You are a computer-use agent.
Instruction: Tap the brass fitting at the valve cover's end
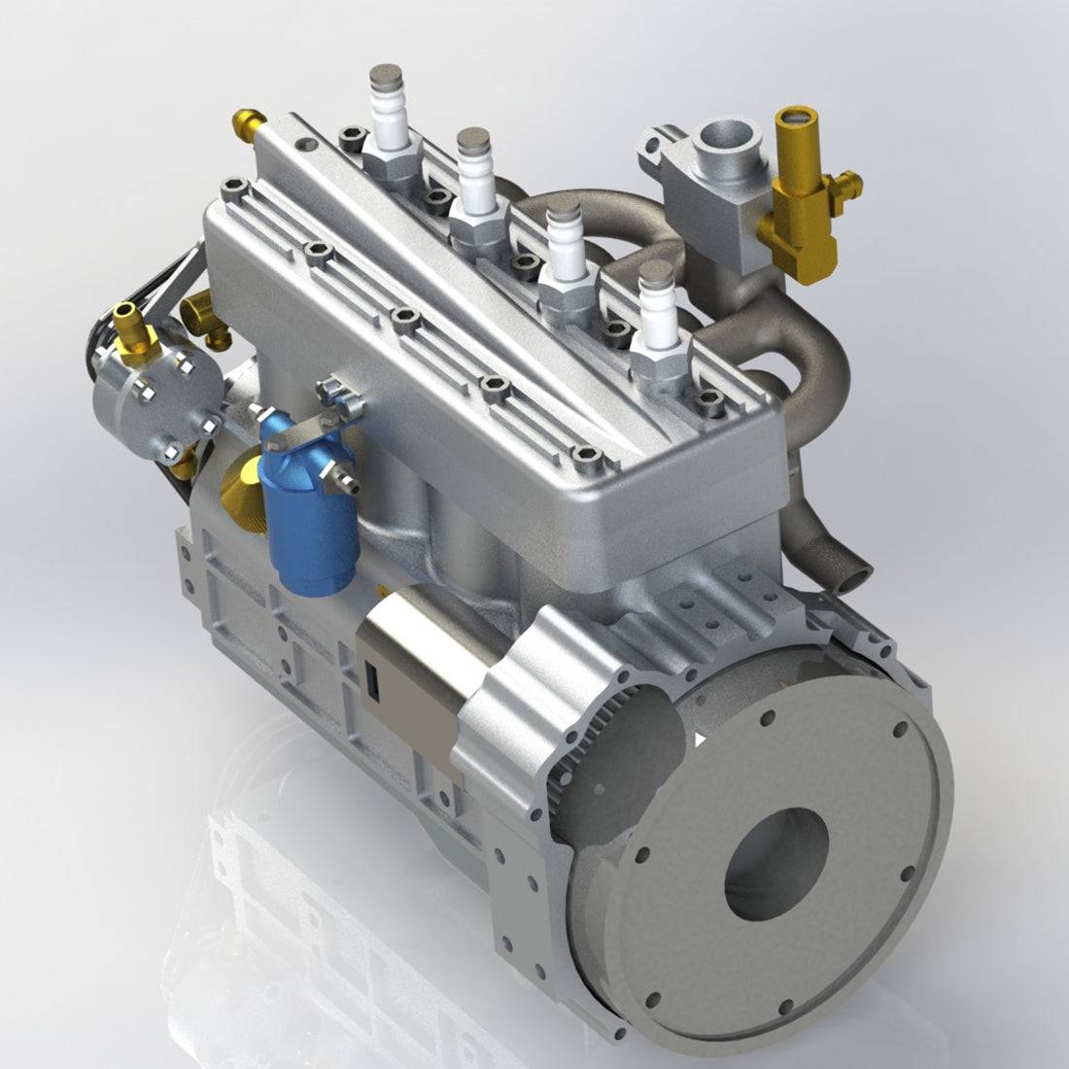248,123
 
